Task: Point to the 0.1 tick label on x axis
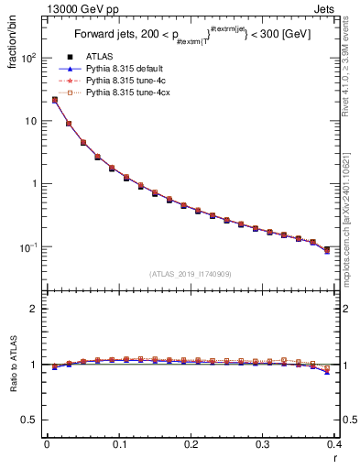coord(118,446)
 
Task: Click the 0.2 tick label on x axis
coord(191,446)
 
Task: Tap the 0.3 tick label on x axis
coord(263,446)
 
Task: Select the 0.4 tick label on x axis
coord(333,446)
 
